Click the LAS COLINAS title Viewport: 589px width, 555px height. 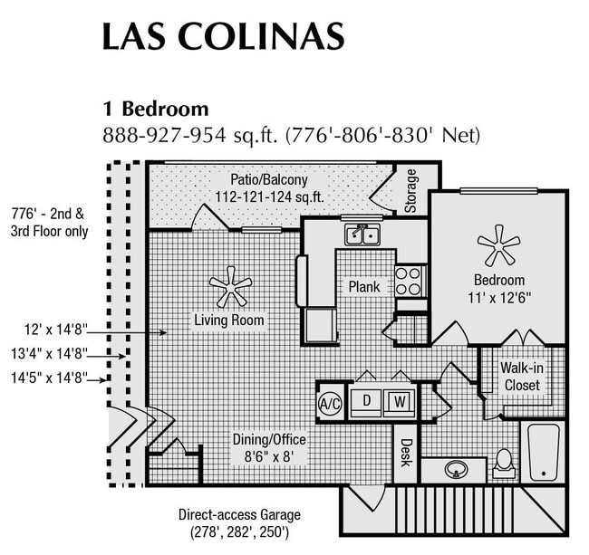point(222,36)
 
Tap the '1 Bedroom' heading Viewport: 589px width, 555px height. point(155,110)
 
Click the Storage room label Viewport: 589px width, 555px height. point(411,190)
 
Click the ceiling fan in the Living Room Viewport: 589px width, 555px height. point(230,287)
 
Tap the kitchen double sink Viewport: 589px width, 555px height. point(362,235)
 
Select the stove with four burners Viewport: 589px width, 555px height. point(410,280)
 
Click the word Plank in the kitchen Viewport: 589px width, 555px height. point(364,287)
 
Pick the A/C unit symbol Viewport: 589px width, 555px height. point(329,404)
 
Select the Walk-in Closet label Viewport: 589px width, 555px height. point(521,377)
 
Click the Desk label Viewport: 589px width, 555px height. point(405,452)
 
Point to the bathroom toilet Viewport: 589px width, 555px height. point(504,464)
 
